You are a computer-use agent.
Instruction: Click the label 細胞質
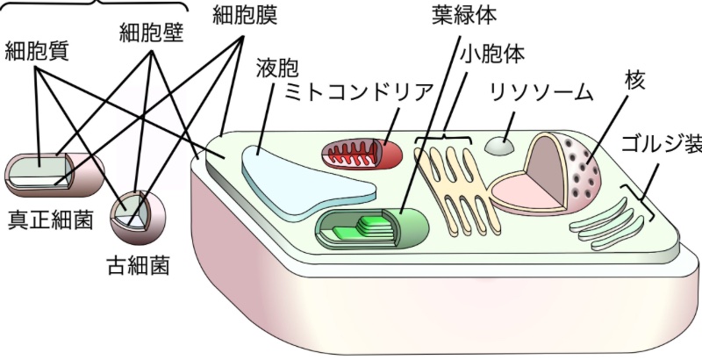(x=38, y=50)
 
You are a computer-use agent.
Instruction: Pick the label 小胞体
(x=492, y=54)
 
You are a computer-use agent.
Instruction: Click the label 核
(x=634, y=80)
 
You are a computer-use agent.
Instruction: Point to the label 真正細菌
(x=50, y=220)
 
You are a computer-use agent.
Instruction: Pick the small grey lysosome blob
(x=501, y=147)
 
